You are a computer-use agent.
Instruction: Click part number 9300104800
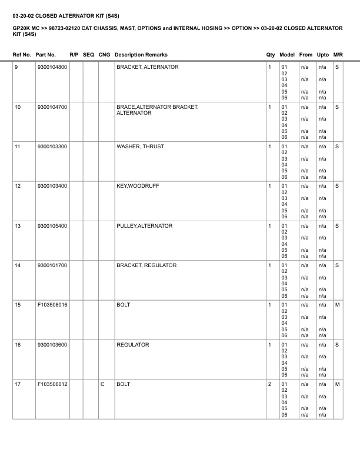coord(52,67)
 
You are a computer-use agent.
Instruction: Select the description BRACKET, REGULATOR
coord(146,265)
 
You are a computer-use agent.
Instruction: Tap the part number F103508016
coord(52,305)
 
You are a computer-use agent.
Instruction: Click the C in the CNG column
coord(102,384)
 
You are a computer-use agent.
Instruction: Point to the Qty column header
coord(271,55)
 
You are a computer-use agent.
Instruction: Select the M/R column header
coord(338,55)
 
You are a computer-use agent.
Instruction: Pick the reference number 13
coord(18,225)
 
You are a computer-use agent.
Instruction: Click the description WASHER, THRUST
coord(140,146)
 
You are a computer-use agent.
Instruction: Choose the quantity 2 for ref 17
coord(269,384)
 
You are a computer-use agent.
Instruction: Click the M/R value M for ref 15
coord(337,305)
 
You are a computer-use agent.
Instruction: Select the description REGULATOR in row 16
coord(133,344)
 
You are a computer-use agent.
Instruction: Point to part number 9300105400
coord(52,225)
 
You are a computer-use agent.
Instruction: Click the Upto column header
coord(323,55)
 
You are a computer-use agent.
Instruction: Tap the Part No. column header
coord(46,55)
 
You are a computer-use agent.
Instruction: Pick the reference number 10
coord(18,106)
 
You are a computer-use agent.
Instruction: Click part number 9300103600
coord(52,344)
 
